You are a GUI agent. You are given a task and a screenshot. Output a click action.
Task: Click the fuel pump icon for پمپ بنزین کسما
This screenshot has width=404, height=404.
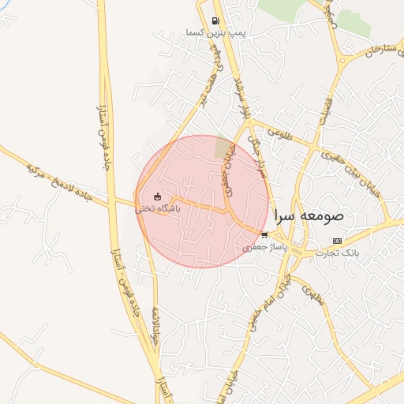click(x=215, y=21)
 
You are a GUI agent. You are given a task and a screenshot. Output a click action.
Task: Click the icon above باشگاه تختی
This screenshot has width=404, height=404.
click(x=158, y=197)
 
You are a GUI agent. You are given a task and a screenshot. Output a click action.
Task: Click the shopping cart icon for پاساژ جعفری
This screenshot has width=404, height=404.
click(x=264, y=234)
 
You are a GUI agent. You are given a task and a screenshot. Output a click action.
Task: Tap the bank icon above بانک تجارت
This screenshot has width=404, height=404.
click(x=338, y=241)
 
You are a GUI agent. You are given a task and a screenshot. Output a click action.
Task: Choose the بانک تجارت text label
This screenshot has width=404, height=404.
click(x=338, y=253)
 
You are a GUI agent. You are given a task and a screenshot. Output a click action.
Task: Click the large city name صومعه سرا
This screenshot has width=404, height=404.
click(x=309, y=215)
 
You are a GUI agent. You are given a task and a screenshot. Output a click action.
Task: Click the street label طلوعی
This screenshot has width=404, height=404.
click(x=279, y=136)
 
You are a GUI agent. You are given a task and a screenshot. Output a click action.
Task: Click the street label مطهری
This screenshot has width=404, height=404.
click(x=313, y=301)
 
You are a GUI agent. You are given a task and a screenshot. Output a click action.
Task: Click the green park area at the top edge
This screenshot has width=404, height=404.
click(x=288, y=8)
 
